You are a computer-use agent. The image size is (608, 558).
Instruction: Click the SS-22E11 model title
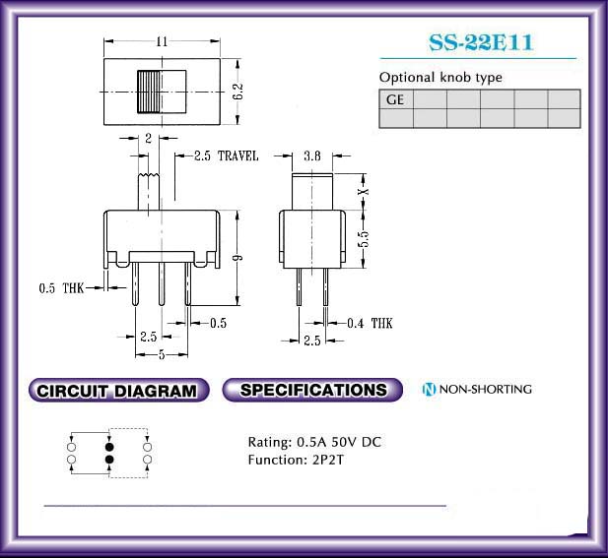tap(481, 42)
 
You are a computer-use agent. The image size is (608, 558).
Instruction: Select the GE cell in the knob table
tap(396, 99)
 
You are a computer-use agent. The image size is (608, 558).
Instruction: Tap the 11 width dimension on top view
tap(162, 41)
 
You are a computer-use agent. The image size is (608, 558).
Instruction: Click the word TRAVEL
tap(237, 156)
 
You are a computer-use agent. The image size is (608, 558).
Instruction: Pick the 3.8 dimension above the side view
tap(312, 156)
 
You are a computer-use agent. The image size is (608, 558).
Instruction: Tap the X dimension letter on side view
tap(364, 191)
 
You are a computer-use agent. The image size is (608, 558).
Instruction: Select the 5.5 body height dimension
tap(364, 239)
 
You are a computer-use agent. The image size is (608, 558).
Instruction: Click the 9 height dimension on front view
tap(238, 258)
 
